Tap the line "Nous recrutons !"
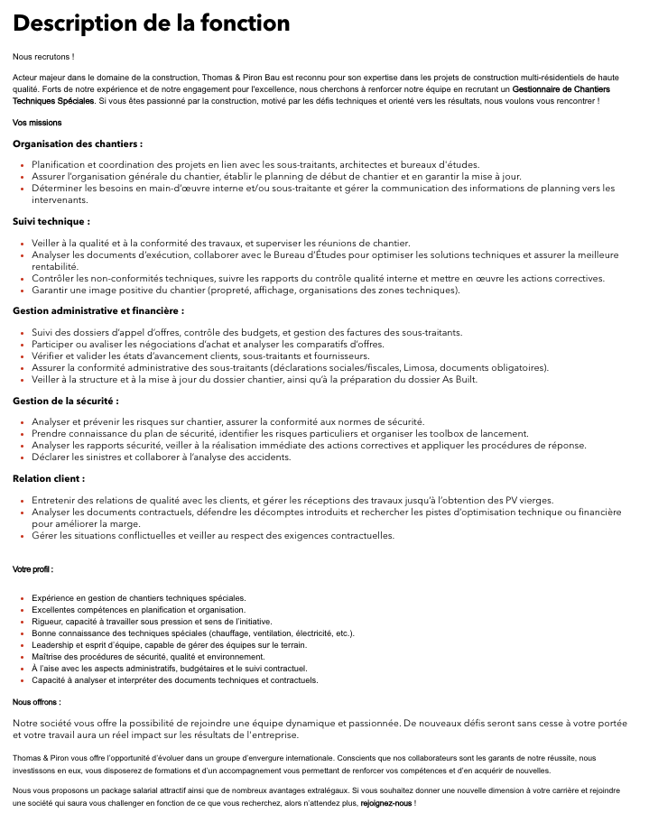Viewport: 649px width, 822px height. point(43,57)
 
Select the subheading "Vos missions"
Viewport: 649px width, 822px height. point(38,123)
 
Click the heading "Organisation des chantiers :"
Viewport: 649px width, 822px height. point(78,143)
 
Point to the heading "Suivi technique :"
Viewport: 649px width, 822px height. point(51,221)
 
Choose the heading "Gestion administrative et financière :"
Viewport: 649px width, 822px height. point(98,310)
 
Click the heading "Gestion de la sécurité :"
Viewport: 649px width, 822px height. point(66,401)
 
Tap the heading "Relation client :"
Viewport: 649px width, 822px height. point(49,478)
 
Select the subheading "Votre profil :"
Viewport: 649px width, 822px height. point(33,569)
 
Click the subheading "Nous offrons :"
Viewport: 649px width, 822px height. point(37,701)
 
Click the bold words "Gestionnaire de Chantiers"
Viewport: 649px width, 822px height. point(561,89)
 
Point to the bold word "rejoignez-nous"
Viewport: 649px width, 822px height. point(385,802)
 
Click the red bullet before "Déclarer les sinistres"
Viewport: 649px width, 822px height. point(22,457)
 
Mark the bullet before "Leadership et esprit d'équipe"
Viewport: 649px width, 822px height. point(22,645)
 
